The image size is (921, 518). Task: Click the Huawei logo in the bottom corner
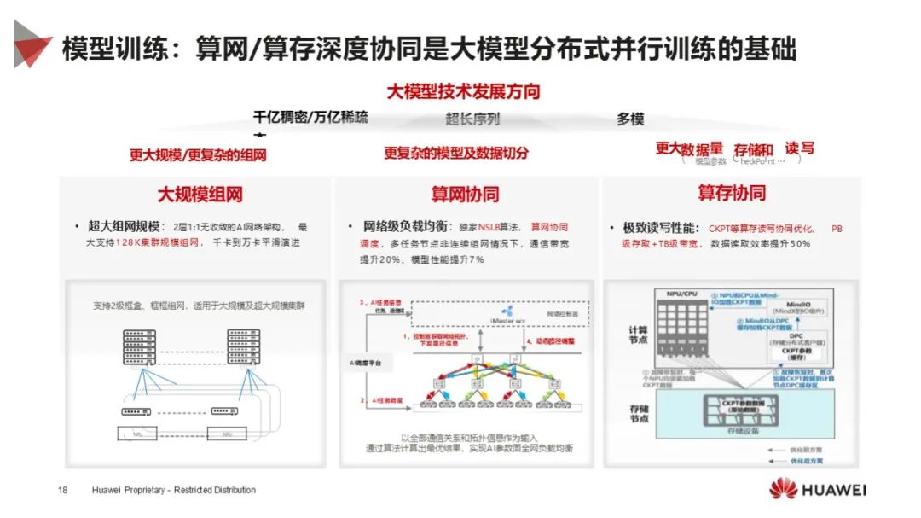[x=816, y=489]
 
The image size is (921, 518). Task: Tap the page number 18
[x=62, y=490]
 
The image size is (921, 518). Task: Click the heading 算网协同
[x=465, y=195]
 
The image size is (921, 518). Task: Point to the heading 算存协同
[x=731, y=193]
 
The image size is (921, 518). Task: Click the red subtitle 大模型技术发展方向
[x=463, y=91]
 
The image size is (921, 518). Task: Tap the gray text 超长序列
[x=472, y=119]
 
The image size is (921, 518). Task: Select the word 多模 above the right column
[x=630, y=119]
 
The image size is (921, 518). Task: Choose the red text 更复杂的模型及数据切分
[x=455, y=154]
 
